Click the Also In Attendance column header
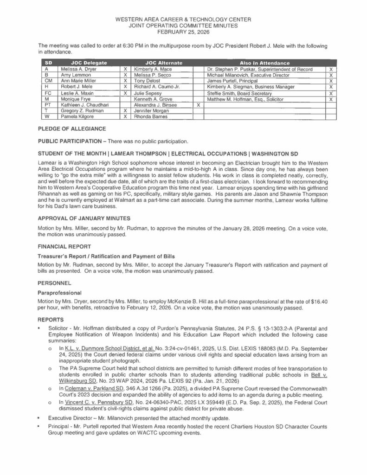pos(264,63)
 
